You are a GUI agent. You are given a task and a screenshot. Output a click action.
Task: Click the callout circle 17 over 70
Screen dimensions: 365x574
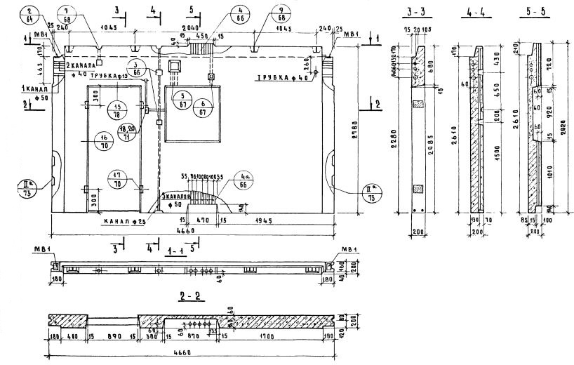coord(119,179)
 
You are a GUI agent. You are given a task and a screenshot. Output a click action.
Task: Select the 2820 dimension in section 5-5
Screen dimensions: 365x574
coord(566,126)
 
